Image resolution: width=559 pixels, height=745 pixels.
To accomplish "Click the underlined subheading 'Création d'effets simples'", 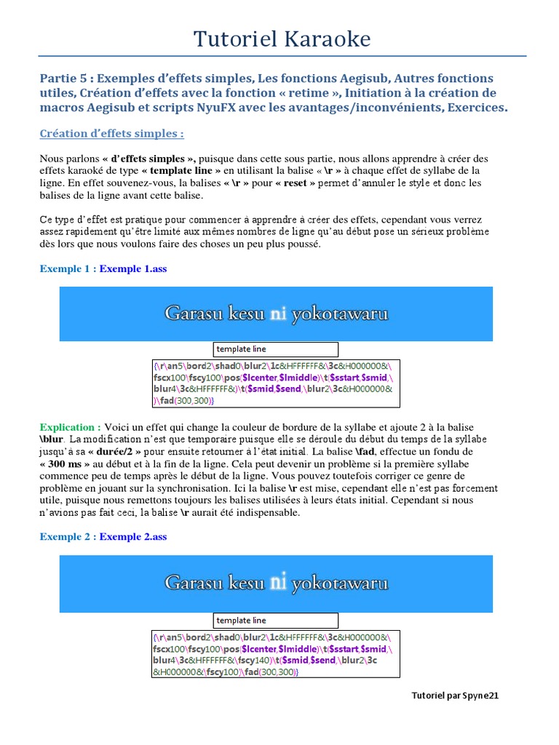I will point(111,133).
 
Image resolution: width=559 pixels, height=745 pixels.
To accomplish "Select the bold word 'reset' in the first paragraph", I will point(295,183).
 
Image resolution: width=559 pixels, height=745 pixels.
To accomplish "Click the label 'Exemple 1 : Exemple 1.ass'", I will point(103,268).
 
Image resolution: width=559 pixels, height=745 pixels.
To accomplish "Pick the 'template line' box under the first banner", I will point(275,349).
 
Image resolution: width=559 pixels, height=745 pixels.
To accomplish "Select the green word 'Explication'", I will point(70,427).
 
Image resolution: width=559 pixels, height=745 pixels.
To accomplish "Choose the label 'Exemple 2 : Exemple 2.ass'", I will point(103,537).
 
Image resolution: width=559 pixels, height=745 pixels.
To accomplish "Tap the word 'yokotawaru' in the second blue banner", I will point(340,583).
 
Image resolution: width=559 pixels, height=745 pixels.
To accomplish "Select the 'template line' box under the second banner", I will point(275,621).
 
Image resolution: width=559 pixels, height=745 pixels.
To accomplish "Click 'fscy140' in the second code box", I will point(261,661).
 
